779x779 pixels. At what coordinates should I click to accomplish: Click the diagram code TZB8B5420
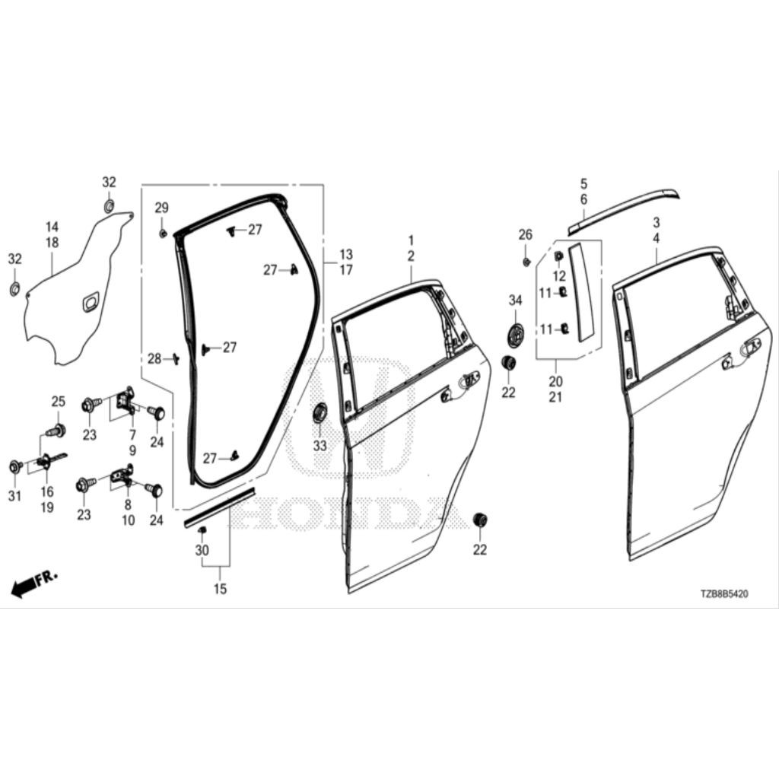tap(724, 593)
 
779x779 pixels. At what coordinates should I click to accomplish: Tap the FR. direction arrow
tap(33, 583)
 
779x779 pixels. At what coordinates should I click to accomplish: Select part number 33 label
tap(320, 446)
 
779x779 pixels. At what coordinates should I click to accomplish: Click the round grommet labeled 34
tap(515, 335)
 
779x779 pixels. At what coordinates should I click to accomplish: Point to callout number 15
tap(220, 589)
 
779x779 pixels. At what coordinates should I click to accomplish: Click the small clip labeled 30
tap(202, 529)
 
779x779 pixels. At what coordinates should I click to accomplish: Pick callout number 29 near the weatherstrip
tap(161, 208)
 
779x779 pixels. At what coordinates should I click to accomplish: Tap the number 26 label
tap(525, 234)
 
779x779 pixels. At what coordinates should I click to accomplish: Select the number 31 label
tap(15, 495)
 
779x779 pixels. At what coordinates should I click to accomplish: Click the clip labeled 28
tap(175, 358)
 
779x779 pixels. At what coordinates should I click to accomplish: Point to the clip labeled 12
tap(558, 256)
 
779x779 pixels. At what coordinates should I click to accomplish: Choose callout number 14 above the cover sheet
tap(52, 227)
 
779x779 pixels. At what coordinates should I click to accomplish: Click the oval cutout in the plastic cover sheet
tap(91, 301)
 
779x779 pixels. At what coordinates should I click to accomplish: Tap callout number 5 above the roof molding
tap(583, 184)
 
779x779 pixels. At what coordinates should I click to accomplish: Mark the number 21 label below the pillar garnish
tap(555, 397)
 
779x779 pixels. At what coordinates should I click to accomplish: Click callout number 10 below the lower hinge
tap(128, 520)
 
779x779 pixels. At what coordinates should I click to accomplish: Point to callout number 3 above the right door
tap(657, 222)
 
